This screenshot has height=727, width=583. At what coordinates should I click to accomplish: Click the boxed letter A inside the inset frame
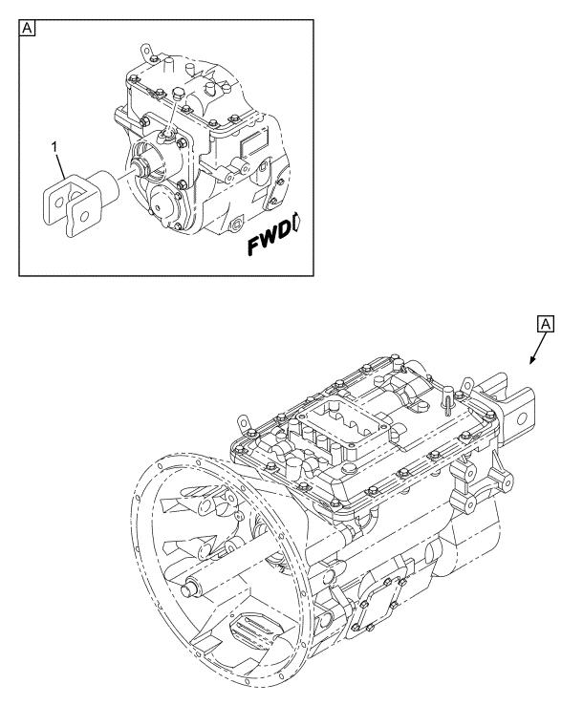point(28,29)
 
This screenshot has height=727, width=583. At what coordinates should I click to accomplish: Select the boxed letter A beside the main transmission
point(546,324)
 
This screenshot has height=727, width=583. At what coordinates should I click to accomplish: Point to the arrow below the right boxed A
point(538,348)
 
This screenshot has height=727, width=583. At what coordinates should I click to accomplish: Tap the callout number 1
point(54,147)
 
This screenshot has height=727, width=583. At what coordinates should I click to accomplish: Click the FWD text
point(269,240)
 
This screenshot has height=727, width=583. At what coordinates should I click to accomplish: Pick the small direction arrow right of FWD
point(297,225)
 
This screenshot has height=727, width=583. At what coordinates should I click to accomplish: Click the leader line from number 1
point(61,166)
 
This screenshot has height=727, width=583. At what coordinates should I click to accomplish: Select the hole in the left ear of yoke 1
point(59,203)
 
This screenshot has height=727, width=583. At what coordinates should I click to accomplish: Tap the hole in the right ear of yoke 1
point(84,217)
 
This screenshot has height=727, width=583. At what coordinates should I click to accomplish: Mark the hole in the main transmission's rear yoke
point(522,419)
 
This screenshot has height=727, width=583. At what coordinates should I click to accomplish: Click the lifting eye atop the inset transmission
point(145,50)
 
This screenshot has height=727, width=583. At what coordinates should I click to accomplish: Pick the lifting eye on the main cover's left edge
point(243,422)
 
